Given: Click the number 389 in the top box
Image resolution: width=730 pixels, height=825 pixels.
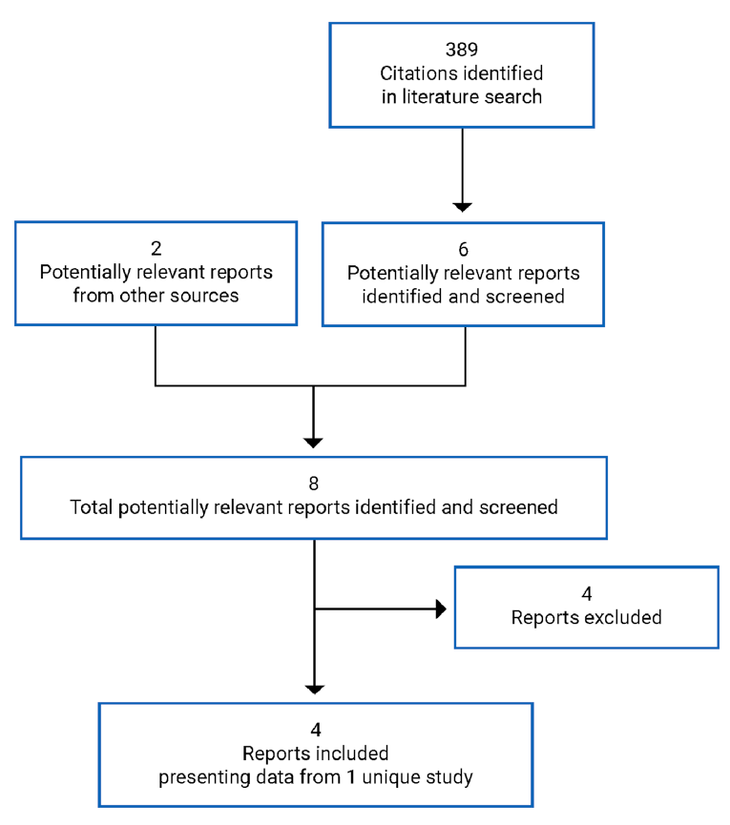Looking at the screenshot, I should click(x=462, y=48).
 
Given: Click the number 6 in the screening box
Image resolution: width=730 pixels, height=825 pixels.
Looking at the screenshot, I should click(x=463, y=249).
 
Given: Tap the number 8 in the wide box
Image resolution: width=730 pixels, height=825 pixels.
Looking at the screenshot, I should click(x=314, y=482).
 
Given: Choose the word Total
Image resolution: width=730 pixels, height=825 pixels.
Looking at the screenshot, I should click(x=91, y=506).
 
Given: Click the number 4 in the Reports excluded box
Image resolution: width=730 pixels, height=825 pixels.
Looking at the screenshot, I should click(x=586, y=593).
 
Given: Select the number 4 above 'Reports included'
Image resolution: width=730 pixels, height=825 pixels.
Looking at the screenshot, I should click(x=314, y=730).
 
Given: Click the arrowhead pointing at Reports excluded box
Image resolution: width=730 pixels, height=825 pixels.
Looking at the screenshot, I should click(x=441, y=609).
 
